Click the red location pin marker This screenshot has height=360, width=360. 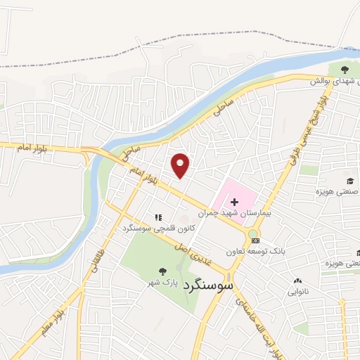(x=181, y=165)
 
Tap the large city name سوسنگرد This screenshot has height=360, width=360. (x=208, y=288)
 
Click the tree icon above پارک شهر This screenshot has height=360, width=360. (x=163, y=271)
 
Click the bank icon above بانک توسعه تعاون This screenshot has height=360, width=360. (x=255, y=241)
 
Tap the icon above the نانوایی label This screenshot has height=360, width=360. (x=297, y=280)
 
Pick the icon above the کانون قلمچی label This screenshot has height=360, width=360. (x=158, y=217)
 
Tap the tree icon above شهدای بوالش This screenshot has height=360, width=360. (x=345, y=70)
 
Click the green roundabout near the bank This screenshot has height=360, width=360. (x=253, y=233)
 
